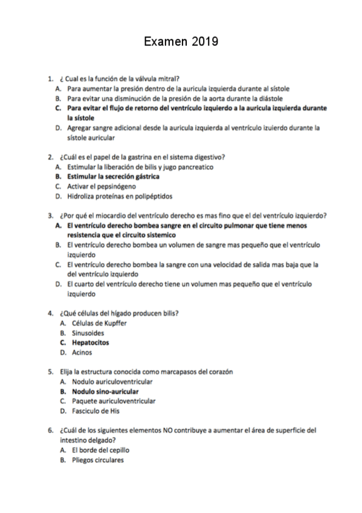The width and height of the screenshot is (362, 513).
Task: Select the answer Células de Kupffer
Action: (x=99, y=323)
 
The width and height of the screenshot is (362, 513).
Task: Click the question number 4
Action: (x=50, y=313)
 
